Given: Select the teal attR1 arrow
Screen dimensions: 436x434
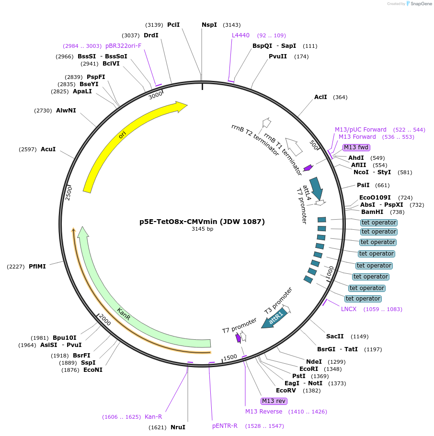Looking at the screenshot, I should coord(275,318).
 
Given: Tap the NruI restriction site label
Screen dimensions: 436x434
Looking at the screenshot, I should coord(178,427).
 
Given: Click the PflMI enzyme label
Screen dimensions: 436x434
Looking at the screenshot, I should coord(37,267).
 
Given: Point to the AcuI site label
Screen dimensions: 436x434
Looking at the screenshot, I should coord(48,149).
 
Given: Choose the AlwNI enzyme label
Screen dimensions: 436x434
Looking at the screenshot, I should coord(66,111).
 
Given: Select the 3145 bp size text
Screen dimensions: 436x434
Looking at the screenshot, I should coord(202,229).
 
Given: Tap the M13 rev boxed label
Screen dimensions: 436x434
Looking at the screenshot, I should coord(274,401).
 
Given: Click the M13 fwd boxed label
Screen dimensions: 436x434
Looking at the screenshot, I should coord(356,147).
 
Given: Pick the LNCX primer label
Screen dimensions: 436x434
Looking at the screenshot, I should coord(349,309).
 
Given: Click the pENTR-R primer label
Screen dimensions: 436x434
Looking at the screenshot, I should coord(225,426).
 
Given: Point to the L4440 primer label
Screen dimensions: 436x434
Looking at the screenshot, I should coord(240,35).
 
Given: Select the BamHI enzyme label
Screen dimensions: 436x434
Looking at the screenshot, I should coord(372,212).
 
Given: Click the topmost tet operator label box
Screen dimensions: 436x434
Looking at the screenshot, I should coord(378,223).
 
